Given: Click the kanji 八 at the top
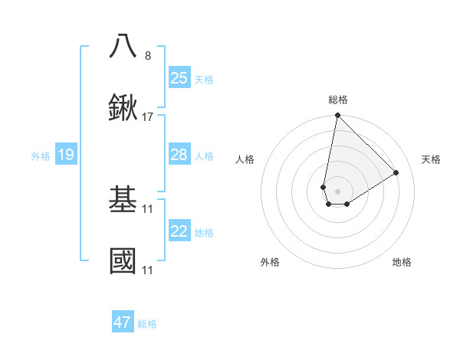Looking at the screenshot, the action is (x=123, y=46).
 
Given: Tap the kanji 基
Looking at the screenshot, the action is (x=123, y=199).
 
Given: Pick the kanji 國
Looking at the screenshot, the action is (x=123, y=261).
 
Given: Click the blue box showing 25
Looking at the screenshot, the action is (x=179, y=77).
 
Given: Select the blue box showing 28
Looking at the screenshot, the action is (x=179, y=155).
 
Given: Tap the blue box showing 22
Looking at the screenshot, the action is (x=179, y=231).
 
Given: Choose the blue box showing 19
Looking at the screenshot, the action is (x=65, y=155).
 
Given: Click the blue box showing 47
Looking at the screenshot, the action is (x=123, y=322).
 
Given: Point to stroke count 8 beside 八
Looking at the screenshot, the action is (x=148, y=55).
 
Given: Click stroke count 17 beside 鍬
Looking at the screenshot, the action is (x=148, y=117).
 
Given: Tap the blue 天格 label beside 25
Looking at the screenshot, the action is (x=204, y=79).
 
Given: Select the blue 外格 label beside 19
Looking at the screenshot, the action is (x=41, y=156).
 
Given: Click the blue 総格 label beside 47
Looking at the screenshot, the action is (x=147, y=324).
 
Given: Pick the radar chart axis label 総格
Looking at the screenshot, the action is (x=338, y=100).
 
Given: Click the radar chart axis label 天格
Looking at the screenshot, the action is (x=431, y=159).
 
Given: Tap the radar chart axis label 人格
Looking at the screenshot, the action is (x=245, y=159).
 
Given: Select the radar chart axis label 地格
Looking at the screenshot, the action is (x=402, y=262).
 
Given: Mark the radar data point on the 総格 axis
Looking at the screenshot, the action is (x=337, y=116).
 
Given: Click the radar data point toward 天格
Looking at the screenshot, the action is (x=396, y=172).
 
